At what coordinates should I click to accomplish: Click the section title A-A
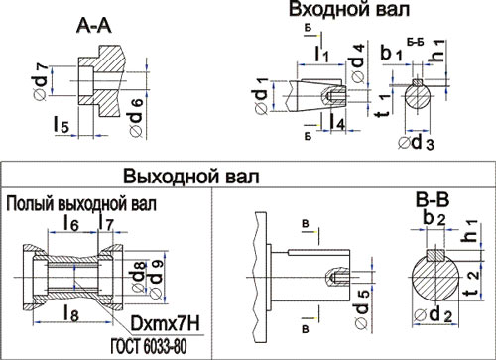click(x=94, y=26)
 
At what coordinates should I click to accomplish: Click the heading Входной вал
click(x=349, y=9)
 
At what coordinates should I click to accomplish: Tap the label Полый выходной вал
click(x=81, y=204)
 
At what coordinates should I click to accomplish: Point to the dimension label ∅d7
click(x=42, y=81)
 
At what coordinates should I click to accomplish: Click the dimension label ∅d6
click(x=136, y=116)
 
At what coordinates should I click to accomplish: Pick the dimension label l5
click(x=62, y=125)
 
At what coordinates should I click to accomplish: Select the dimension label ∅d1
click(x=262, y=96)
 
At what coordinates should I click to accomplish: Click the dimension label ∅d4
click(x=358, y=62)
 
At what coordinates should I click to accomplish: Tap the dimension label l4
click(x=337, y=121)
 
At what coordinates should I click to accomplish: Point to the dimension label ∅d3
click(x=416, y=143)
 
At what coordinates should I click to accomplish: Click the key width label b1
click(x=392, y=53)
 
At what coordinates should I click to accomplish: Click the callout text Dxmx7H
click(x=166, y=323)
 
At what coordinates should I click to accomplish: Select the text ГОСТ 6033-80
click(x=149, y=346)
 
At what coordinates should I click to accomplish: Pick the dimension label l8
click(x=71, y=313)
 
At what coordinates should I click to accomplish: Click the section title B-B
click(x=433, y=200)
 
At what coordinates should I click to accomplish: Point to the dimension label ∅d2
click(x=433, y=314)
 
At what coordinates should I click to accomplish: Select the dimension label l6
click(x=71, y=223)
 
